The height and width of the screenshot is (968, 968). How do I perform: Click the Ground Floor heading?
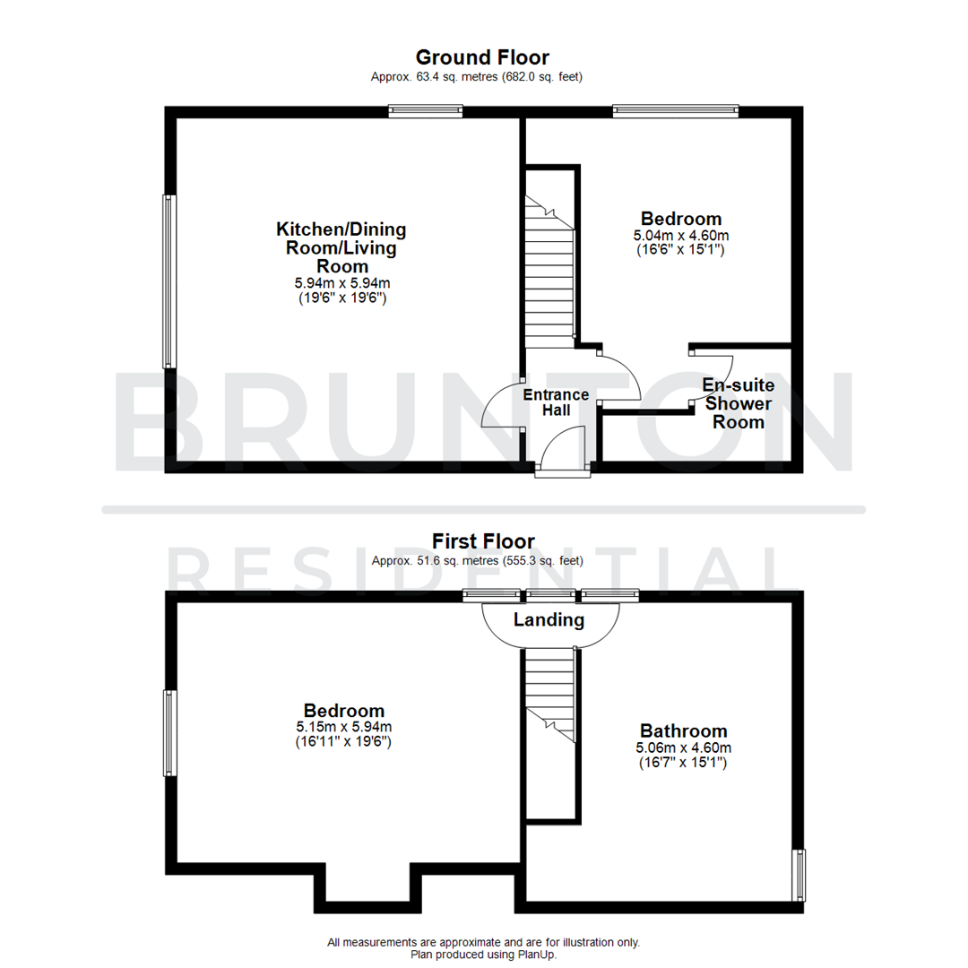click(x=483, y=58)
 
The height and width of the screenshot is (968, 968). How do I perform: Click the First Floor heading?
click(x=483, y=541)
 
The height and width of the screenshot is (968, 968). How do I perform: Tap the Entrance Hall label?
click(x=556, y=402)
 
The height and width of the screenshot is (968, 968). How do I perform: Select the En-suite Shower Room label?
click(x=739, y=403)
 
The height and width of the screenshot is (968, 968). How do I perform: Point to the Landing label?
click(x=549, y=619)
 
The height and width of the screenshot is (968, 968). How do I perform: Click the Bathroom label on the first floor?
click(x=683, y=730)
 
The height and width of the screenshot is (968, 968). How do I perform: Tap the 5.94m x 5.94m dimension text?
click(x=341, y=283)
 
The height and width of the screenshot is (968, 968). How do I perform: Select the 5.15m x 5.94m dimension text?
click(x=342, y=727)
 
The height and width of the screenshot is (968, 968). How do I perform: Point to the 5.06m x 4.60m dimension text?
click(x=683, y=748)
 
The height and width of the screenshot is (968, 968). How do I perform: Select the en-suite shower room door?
click(x=713, y=376)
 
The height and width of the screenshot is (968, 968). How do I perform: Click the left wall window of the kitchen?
click(x=168, y=281)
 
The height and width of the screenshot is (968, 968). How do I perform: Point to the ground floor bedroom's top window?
click(x=676, y=111)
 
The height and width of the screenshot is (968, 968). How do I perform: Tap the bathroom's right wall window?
click(x=799, y=875)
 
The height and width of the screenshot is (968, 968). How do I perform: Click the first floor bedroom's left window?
click(x=168, y=732)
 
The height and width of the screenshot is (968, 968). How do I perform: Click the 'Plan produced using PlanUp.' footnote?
click(x=483, y=955)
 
